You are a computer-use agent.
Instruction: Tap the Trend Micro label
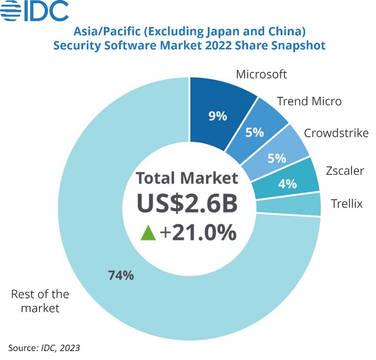[309, 101]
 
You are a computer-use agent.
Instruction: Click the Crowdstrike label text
[336, 133]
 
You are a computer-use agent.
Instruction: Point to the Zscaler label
[345, 170]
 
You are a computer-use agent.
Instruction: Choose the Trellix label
[347, 203]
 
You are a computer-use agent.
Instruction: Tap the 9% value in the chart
[218, 116]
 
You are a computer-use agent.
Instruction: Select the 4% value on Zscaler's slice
[287, 183]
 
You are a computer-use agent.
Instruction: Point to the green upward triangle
[148, 233]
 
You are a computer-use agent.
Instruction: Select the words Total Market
[187, 178]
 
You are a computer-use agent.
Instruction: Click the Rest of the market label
[39, 301]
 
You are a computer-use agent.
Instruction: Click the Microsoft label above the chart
[261, 74]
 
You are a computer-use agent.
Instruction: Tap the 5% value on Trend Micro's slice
[254, 133]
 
